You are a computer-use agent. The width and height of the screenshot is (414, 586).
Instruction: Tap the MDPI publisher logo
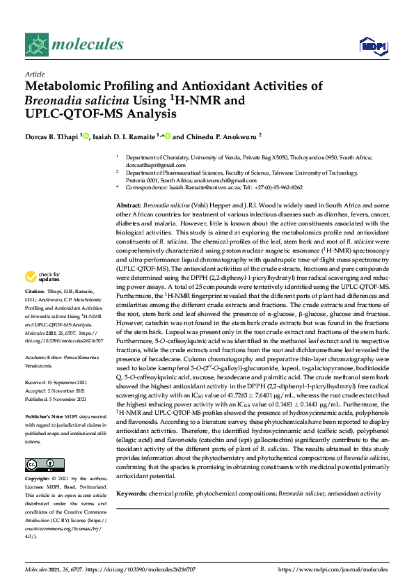pos(373,46)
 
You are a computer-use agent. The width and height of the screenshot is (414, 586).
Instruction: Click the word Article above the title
pos(34,74)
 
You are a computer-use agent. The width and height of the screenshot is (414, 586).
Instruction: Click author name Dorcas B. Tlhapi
pos(51,136)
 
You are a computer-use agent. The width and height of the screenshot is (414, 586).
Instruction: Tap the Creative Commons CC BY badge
pos(40,464)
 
